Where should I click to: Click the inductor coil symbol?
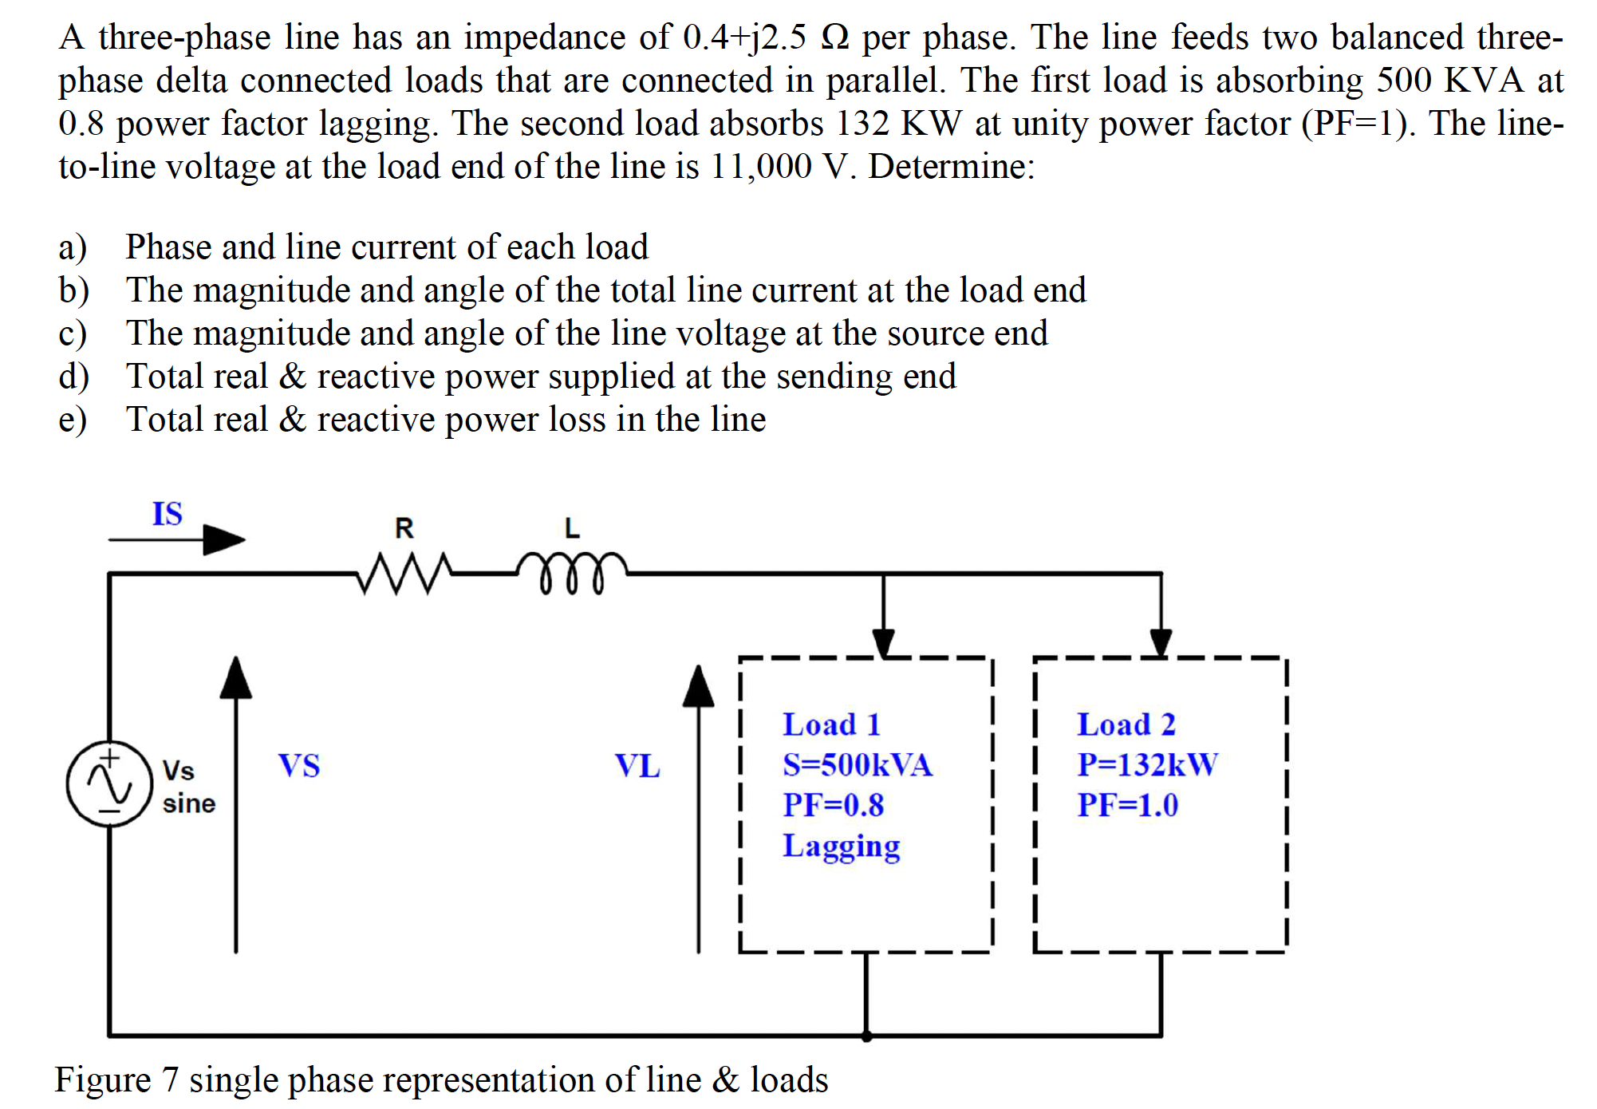[x=571, y=572]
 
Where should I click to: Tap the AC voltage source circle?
[x=109, y=783]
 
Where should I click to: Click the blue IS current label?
[x=168, y=514]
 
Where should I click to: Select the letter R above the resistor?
[x=404, y=528]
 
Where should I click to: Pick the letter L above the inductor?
[x=572, y=528]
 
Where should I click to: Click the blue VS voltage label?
[x=299, y=766]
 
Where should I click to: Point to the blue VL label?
[x=637, y=766]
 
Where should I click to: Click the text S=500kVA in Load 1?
[x=857, y=764]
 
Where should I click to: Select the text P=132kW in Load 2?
[x=1147, y=764]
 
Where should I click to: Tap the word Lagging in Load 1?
[x=841, y=846]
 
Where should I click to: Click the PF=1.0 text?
[x=1127, y=805]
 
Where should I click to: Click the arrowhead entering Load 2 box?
[x=1161, y=641]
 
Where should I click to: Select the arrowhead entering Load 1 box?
[x=883, y=641]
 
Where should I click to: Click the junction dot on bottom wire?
[x=866, y=1036]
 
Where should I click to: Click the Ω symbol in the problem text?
[x=834, y=37]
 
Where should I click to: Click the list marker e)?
[x=73, y=420]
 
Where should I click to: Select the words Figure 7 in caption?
[x=116, y=1080]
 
